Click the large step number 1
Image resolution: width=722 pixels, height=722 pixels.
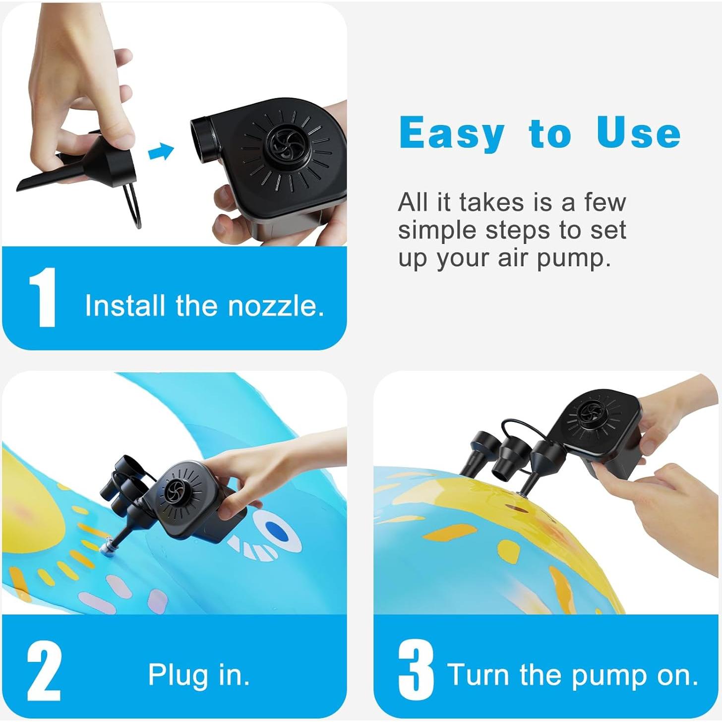(43, 298)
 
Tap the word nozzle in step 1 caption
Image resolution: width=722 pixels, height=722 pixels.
(276, 306)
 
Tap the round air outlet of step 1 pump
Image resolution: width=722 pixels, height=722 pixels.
(204, 136)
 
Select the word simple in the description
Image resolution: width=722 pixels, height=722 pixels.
(438, 231)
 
